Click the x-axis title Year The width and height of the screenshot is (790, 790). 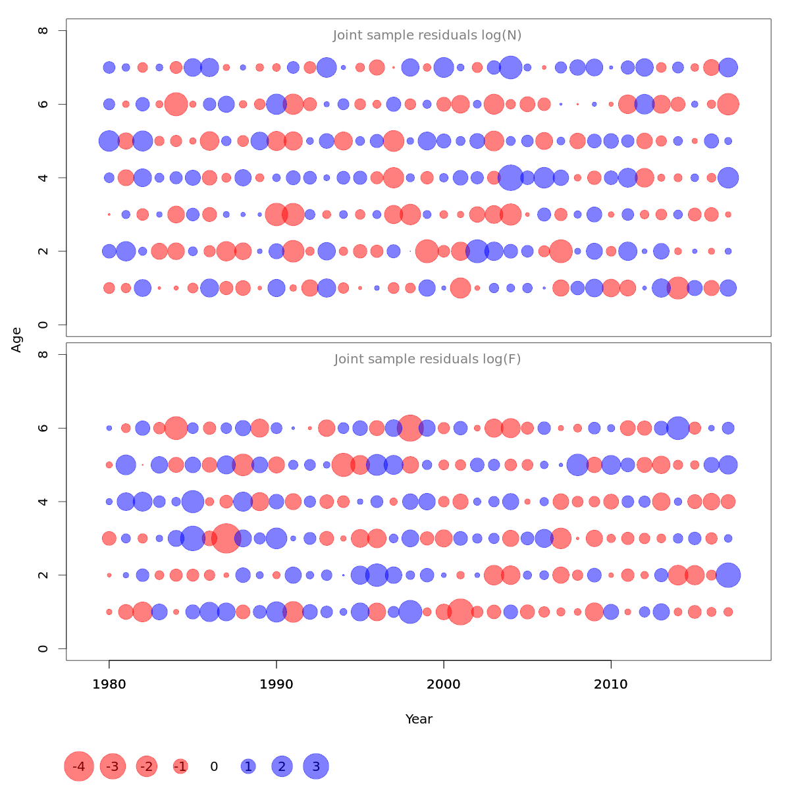(x=419, y=719)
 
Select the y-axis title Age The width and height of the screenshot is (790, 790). (x=16, y=340)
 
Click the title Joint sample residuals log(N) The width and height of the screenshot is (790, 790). (x=427, y=36)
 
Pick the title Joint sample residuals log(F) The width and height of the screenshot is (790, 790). (x=427, y=359)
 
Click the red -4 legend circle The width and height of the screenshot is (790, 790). (x=79, y=766)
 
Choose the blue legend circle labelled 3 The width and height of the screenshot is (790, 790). (x=316, y=766)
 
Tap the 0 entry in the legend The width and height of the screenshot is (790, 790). (x=214, y=766)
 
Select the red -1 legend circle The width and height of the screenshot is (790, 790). (x=180, y=766)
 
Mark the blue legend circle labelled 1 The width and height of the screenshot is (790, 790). (x=248, y=766)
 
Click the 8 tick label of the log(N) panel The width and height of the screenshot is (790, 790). (x=43, y=30)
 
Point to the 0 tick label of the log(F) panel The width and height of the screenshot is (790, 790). (x=43, y=648)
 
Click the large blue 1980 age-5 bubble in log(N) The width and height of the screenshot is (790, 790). (x=109, y=141)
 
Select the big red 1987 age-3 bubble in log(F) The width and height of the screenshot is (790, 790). (x=226, y=539)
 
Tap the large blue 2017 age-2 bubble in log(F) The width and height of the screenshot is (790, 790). (x=728, y=575)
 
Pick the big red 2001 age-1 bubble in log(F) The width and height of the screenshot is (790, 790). (x=460, y=612)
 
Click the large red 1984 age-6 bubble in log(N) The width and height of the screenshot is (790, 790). (x=176, y=104)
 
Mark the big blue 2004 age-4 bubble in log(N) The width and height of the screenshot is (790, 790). (x=510, y=178)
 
